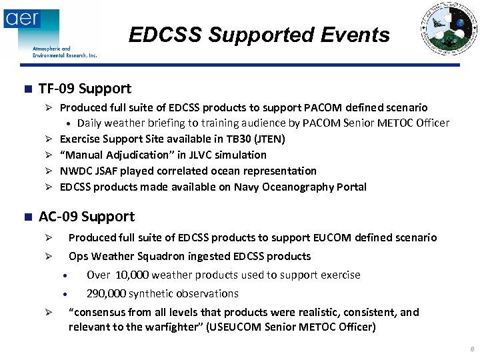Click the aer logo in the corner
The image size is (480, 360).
pyautogui.click(x=22, y=18)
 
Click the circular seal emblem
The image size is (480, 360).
pyautogui.click(x=449, y=29)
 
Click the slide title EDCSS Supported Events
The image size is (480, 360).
pyautogui.click(x=259, y=35)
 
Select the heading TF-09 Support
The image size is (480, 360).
pyautogui.click(x=85, y=89)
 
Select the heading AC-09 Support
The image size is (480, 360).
pyautogui.click(x=87, y=217)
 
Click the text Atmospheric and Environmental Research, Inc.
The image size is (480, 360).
pyautogui.click(x=65, y=52)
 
